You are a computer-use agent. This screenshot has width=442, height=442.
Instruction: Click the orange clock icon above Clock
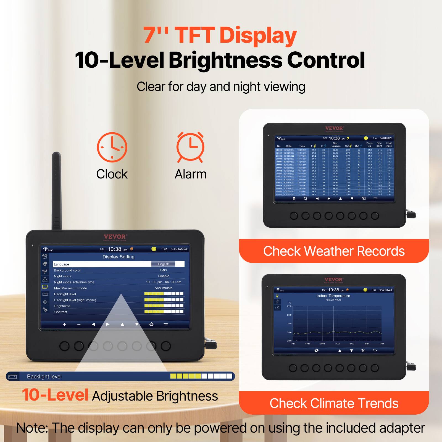tap(112, 147)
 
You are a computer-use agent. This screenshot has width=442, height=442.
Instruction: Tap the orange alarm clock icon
tap(190, 147)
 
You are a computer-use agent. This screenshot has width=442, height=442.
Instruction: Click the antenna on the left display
tap(56, 191)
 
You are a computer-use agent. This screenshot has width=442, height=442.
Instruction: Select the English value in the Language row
tap(163, 264)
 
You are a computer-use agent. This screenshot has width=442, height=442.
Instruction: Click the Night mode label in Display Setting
tap(63, 276)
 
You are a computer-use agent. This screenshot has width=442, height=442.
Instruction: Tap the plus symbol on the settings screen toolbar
tap(64, 324)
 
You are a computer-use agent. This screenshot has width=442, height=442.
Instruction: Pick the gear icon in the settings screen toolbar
tap(151, 324)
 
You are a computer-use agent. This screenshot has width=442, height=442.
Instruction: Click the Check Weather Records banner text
tap(334, 251)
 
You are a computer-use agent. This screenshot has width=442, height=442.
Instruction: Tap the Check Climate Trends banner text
tap(334, 403)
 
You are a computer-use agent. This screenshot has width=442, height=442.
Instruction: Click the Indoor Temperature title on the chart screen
tap(333, 296)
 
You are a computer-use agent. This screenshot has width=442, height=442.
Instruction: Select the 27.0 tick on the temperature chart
tap(289, 306)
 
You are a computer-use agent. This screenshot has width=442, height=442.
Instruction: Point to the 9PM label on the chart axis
tap(322, 344)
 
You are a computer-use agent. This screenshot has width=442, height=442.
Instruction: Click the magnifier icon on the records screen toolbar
tap(306, 199)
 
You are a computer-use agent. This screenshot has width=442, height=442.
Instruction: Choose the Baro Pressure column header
tap(335, 144)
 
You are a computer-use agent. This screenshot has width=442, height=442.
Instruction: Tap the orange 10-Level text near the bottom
tap(55, 395)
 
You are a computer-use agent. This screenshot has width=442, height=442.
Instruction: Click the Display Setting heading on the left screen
tap(119, 257)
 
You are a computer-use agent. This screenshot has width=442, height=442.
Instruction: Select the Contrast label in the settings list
tap(61, 312)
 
